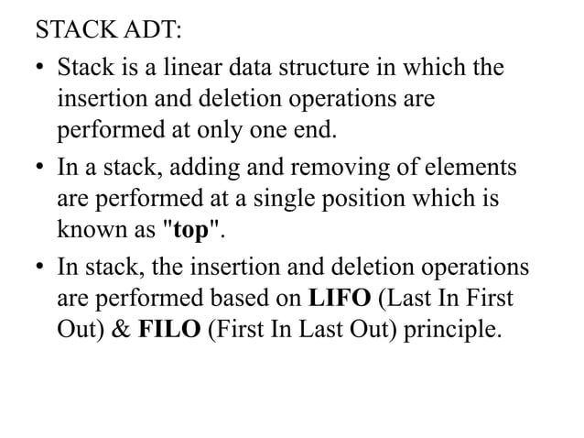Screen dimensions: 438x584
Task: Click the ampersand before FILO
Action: (122, 327)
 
